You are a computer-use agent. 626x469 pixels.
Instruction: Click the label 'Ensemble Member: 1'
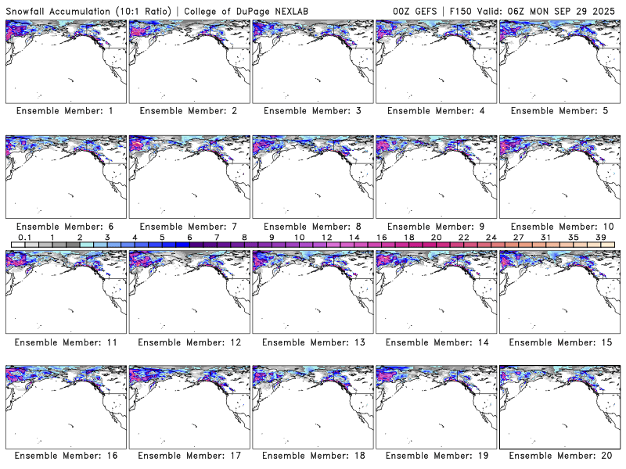(65, 111)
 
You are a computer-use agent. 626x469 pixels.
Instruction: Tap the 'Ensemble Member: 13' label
(311, 342)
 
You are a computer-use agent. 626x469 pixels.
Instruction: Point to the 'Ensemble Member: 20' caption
(559, 456)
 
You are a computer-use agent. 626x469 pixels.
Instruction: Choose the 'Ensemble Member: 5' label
(559, 111)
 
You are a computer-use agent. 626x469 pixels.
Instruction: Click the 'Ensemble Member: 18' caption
(311, 456)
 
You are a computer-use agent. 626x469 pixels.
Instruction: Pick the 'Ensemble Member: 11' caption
(65, 342)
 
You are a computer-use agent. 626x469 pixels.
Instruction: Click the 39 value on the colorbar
(601, 237)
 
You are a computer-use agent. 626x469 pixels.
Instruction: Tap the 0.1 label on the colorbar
(24, 237)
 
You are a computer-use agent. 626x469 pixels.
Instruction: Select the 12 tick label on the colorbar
(326, 237)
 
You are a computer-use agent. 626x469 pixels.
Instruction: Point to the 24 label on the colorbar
(491, 237)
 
